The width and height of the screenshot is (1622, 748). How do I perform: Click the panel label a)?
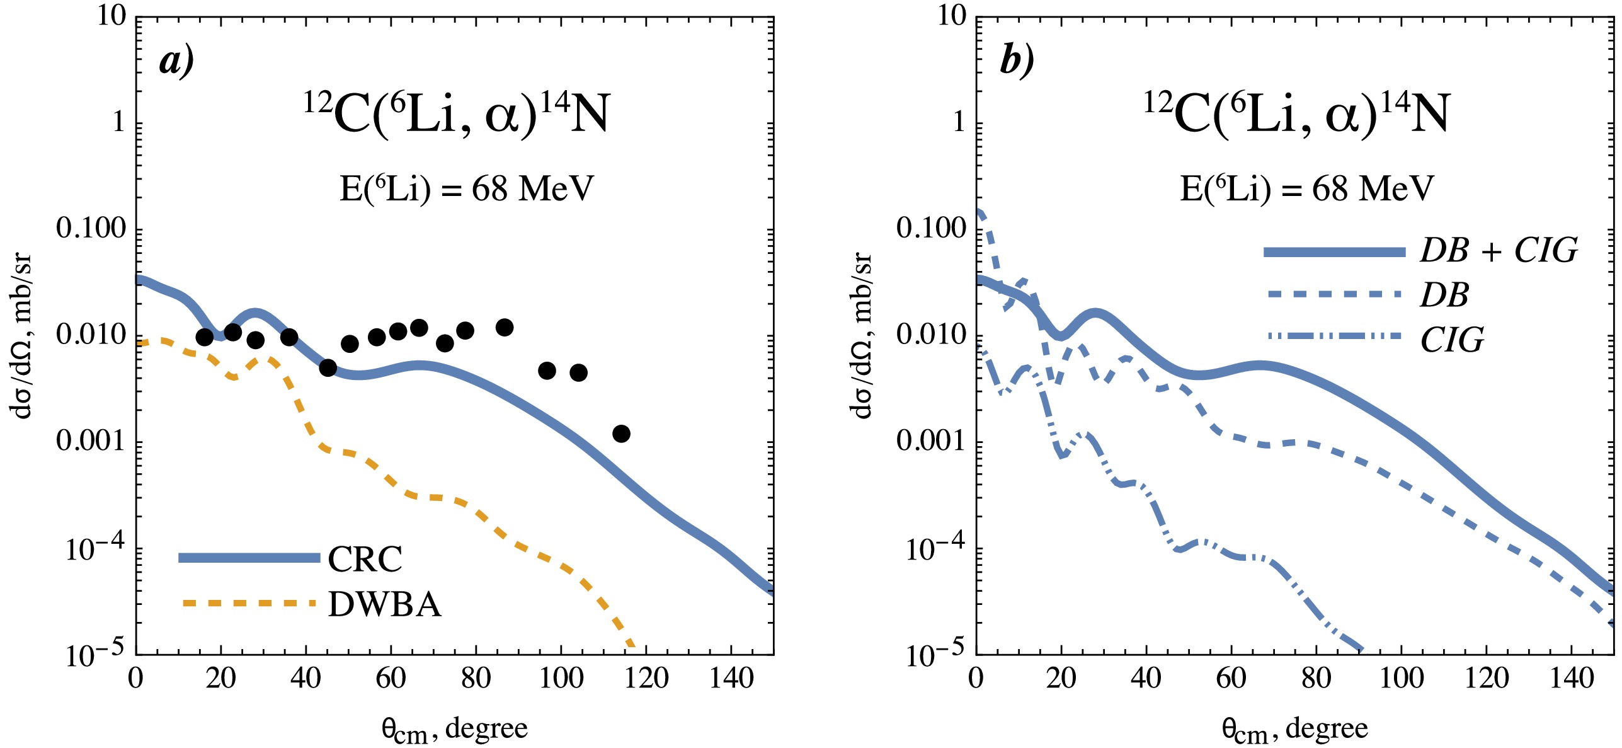pos(176,61)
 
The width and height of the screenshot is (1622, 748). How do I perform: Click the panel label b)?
pos(1017,61)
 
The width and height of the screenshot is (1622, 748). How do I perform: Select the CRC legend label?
pos(365,559)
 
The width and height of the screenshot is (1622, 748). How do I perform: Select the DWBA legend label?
pos(385,604)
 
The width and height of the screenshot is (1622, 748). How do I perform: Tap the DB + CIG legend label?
pos(1499,251)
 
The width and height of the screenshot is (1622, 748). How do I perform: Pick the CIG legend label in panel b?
pos(1453,340)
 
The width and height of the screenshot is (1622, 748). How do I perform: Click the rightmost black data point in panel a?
pos(621,434)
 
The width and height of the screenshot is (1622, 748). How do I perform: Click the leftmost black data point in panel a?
pos(204,337)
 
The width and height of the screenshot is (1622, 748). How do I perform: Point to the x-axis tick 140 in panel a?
pos(731,679)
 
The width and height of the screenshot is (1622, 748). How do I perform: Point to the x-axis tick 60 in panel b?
pos(1231,679)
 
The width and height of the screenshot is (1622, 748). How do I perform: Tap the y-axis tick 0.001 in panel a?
pos(91,440)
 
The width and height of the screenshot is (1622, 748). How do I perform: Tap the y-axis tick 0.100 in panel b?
pos(931,228)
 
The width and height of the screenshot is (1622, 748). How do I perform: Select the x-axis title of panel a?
pos(454,730)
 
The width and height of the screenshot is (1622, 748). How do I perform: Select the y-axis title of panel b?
pos(861,335)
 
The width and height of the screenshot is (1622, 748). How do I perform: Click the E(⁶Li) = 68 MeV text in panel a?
pos(467,188)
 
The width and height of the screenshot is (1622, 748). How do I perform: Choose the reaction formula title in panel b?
pos(1297,113)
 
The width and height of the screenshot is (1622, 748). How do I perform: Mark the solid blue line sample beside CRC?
pos(249,558)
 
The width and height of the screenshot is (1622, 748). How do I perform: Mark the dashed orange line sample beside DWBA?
pos(249,604)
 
